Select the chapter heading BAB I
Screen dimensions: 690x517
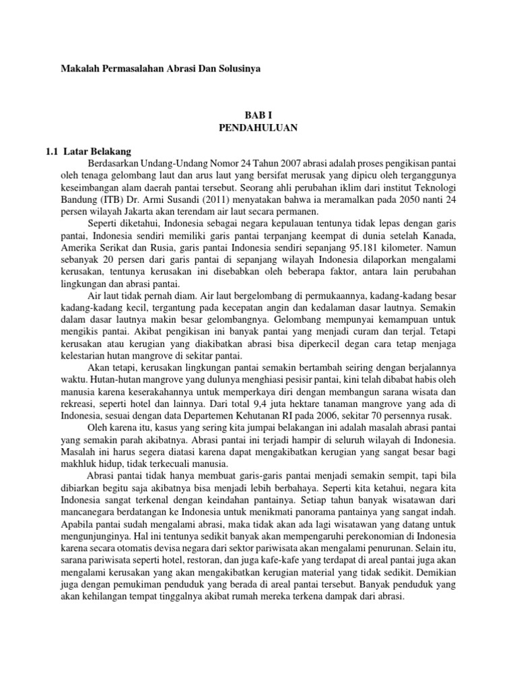pyautogui.click(x=258, y=116)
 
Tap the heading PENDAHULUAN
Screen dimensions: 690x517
pyautogui.click(x=258, y=127)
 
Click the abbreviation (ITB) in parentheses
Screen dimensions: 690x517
pyautogui.click(x=96, y=199)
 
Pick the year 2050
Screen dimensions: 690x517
pyautogui.click(x=406, y=199)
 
